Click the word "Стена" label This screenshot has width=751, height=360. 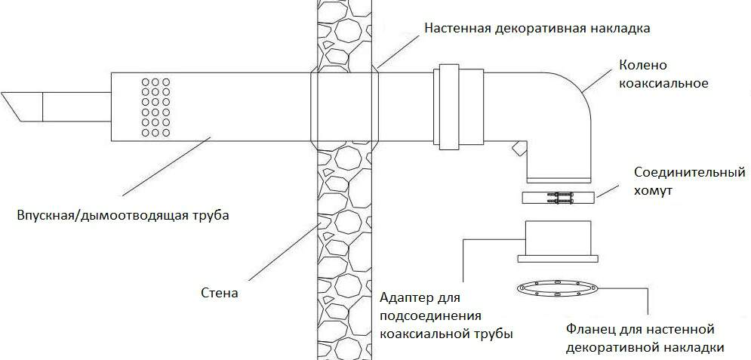click(x=220, y=292)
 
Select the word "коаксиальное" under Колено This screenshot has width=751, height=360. click(x=663, y=83)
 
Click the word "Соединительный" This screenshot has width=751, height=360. click(x=690, y=173)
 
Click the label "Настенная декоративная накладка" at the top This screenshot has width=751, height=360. click(x=537, y=28)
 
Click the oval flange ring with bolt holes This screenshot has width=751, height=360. click(x=557, y=288)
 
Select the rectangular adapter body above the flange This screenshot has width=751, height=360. click(x=558, y=240)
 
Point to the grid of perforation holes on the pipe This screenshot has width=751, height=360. click(x=155, y=106)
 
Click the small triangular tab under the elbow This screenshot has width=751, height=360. click(x=518, y=148)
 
